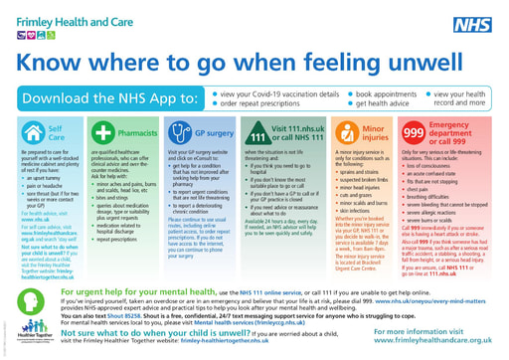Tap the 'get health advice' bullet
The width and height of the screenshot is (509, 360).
pyautogui.click(x=369, y=104)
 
